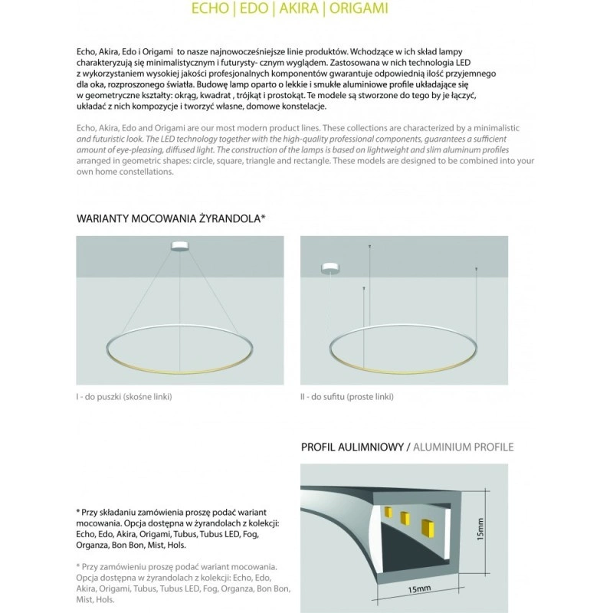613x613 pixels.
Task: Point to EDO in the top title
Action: [251, 9]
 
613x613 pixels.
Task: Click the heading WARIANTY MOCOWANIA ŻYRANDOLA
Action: [171, 218]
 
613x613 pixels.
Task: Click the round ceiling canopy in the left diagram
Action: [181, 246]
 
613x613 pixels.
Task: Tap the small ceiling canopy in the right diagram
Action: [331, 268]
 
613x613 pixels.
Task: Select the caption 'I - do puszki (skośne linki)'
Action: [124, 397]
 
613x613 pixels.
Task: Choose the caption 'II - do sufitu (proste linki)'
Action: [347, 397]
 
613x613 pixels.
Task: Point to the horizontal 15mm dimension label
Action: [420, 588]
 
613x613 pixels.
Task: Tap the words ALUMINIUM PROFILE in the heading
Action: [464, 447]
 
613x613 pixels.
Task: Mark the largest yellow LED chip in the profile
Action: [426, 529]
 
